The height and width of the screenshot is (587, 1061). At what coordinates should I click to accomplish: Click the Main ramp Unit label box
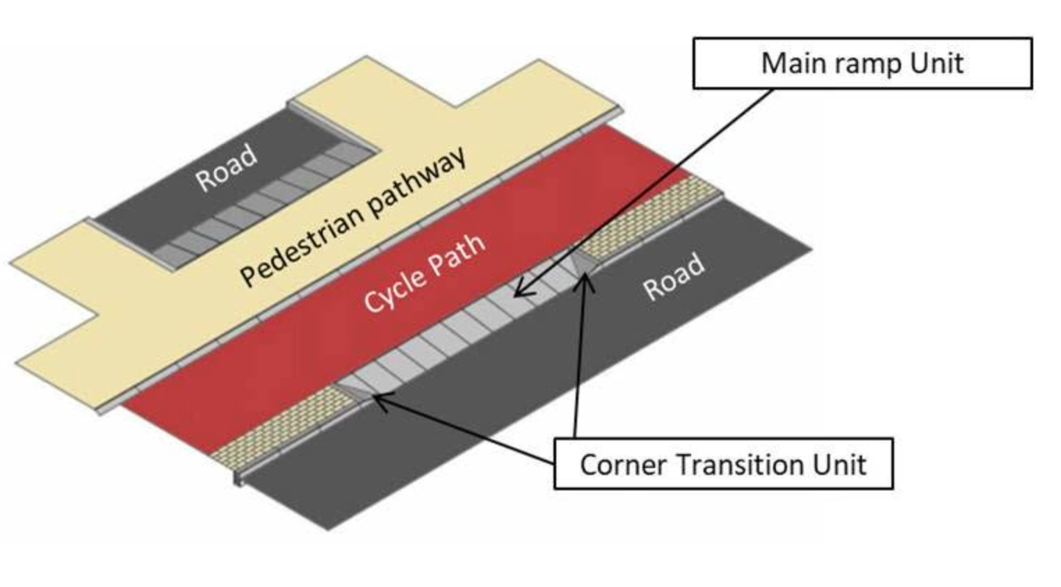[x=863, y=63]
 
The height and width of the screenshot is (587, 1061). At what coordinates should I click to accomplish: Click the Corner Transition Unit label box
[x=723, y=464]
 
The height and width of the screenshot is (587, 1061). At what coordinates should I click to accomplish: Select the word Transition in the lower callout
[x=738, y=465]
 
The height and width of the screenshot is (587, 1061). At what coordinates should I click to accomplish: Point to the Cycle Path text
[x=425, y=274]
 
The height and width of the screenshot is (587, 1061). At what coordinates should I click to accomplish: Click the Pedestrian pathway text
[x=354, y=216]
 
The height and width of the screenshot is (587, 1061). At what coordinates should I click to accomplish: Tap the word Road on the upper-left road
[x=227, y=168]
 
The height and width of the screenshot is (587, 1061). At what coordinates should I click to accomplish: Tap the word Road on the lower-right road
[x=674, y=276]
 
